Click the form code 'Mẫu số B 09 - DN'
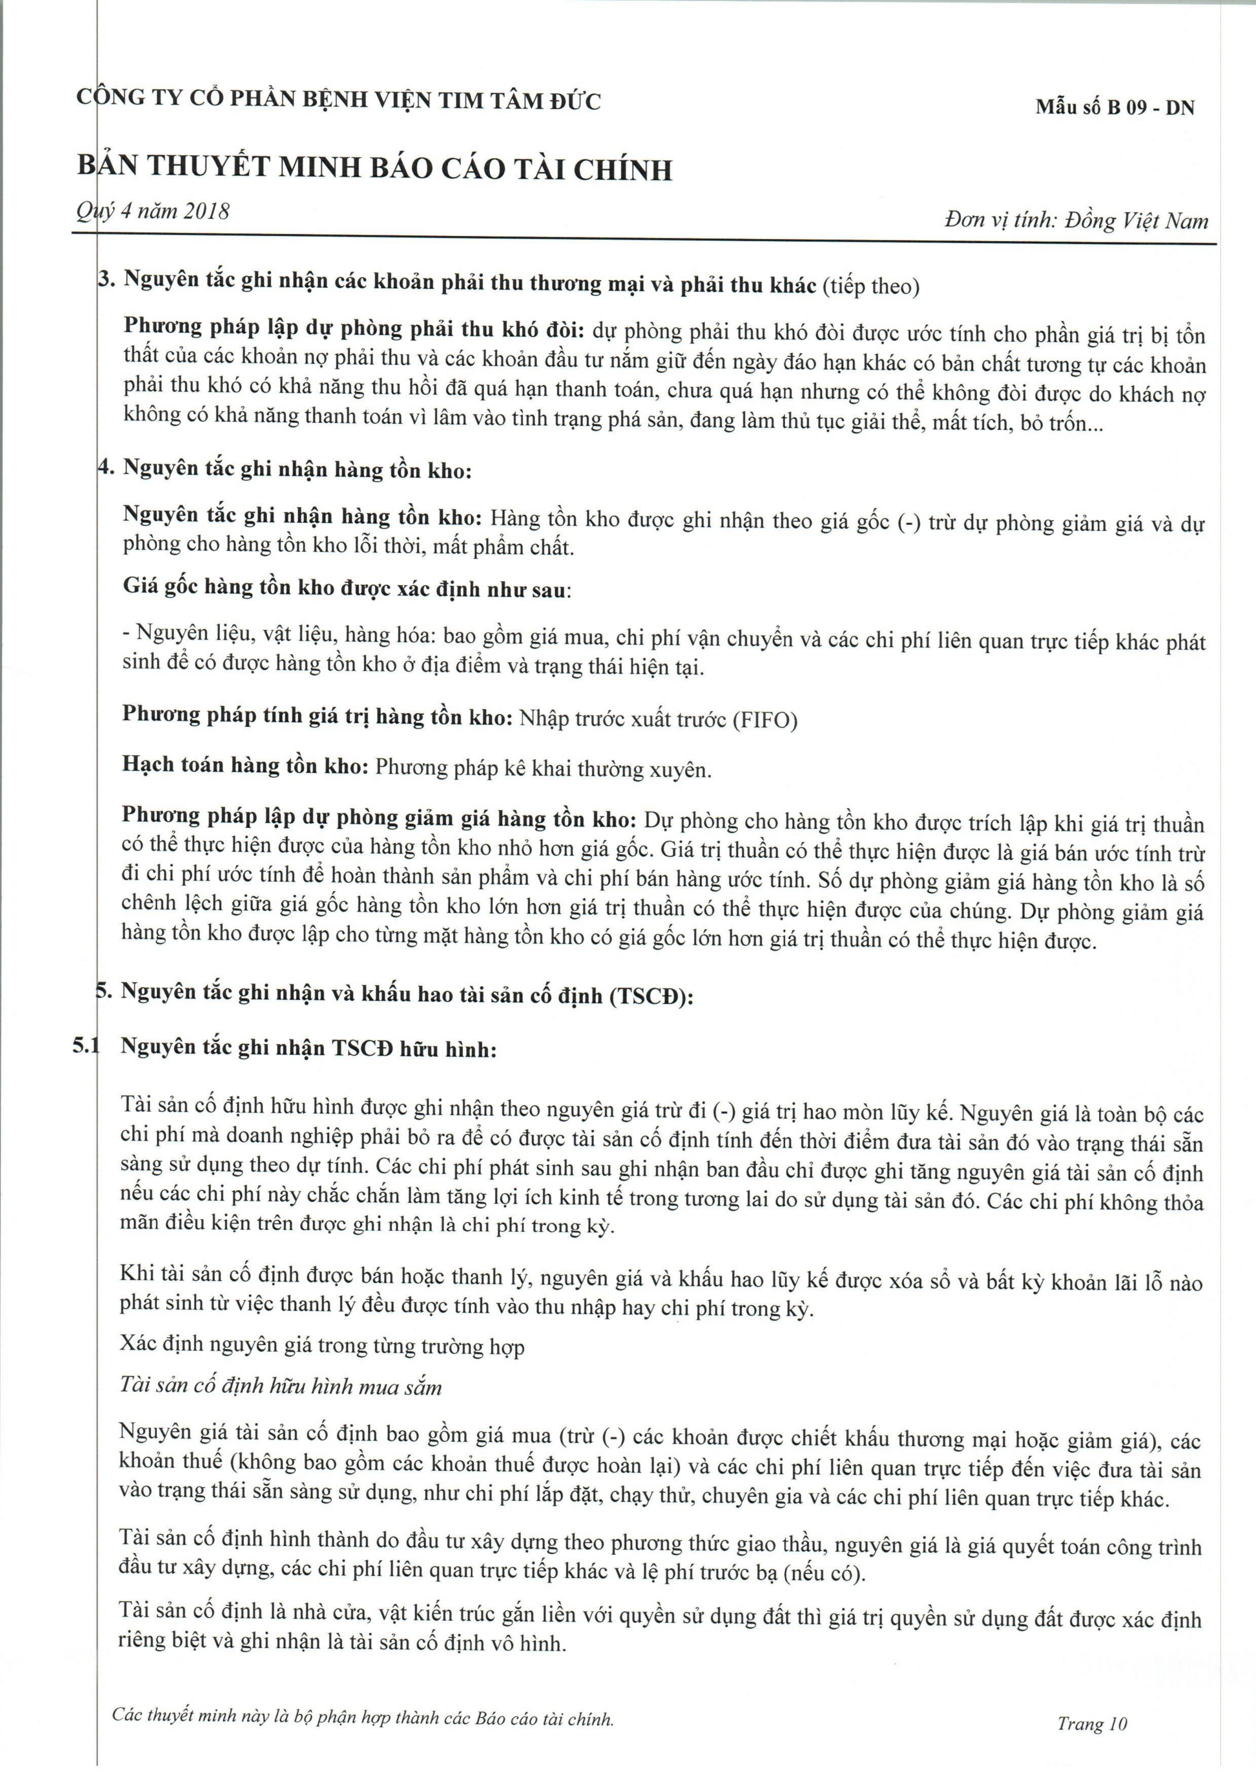[x=1114, y=108]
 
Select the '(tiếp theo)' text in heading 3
[x=871, y=287]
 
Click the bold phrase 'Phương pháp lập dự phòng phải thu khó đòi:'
[x=354, y=328]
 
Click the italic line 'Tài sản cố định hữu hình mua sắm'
[x=281, y=1386]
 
